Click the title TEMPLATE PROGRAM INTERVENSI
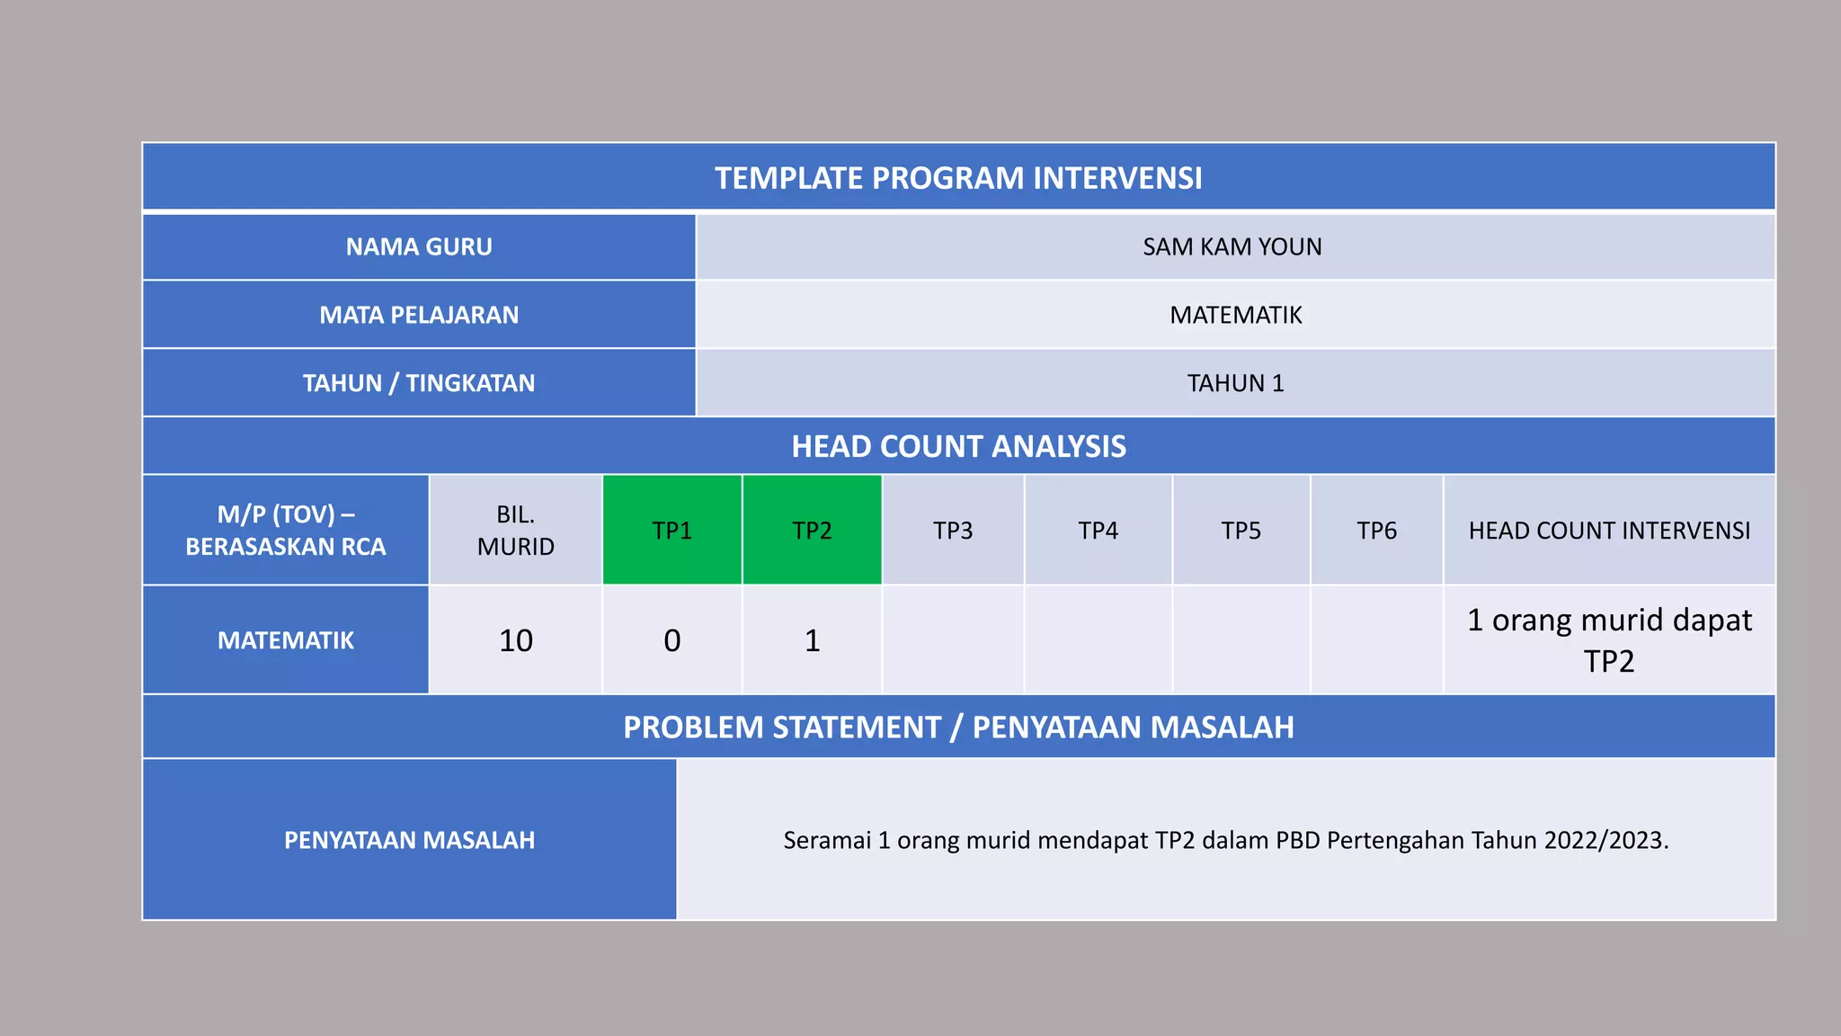pyautogui.click(x=958, y=178)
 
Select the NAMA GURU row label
pyautogui.click(x=419, y=246)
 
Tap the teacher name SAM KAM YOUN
pyautogui.click(x=1232, y=246)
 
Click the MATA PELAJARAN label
pyautogui.click(x=419, y=315)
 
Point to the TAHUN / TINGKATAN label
pyautogui.click(x=419, y=383)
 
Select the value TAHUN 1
pyautogui.click(x=1235, y=383)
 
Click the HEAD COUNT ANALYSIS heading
pyautogui.click(x=958, y=446)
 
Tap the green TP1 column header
pyautogui.click(x=672, y=531)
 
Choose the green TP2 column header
pyautogui.click(x=812, y=531)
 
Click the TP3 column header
pyautogui.click(x=953, y=531)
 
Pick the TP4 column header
pyautogui.click(x=1098, y=531)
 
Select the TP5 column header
pyautogui.click(x=1241, y=531)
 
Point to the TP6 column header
pyautogui.click(x=1377, y=531)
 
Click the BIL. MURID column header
pyautogui.click(x=516, y=531)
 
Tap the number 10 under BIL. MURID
pyautogui.click(x=516, y=640)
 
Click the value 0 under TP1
pyautogui.click(x=672, y=640)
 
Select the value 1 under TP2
pyautogui.click(x=812, y=640)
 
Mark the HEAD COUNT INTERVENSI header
pyautogui.click(x=1609, y=531)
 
